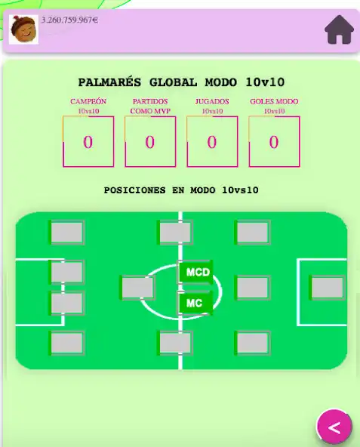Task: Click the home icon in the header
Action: click(339, 30)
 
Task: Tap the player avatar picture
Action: click(24, 30)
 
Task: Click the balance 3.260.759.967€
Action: click(69, 20)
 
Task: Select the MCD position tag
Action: click(197, 272)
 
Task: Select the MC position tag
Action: click(195, 304)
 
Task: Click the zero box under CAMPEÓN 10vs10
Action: click(88, 141)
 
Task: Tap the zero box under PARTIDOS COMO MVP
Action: click(149, 141)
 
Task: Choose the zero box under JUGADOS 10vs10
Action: click(211, 141)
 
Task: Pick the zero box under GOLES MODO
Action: click(274, 141)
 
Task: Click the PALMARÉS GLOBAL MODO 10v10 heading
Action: click(180, 82)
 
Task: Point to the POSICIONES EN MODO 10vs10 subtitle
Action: click(180, 190)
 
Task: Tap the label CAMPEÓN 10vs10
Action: click(88, 106)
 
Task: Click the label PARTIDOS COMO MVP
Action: click(149, 106)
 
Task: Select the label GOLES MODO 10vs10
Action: click(274, 106)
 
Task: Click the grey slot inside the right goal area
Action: click(328, 288)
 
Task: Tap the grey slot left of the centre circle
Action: click(138, 288)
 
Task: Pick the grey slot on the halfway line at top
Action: click(174, 232)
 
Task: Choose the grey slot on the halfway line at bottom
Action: click(174, 343)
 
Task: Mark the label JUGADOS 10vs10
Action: click(211, 106)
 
